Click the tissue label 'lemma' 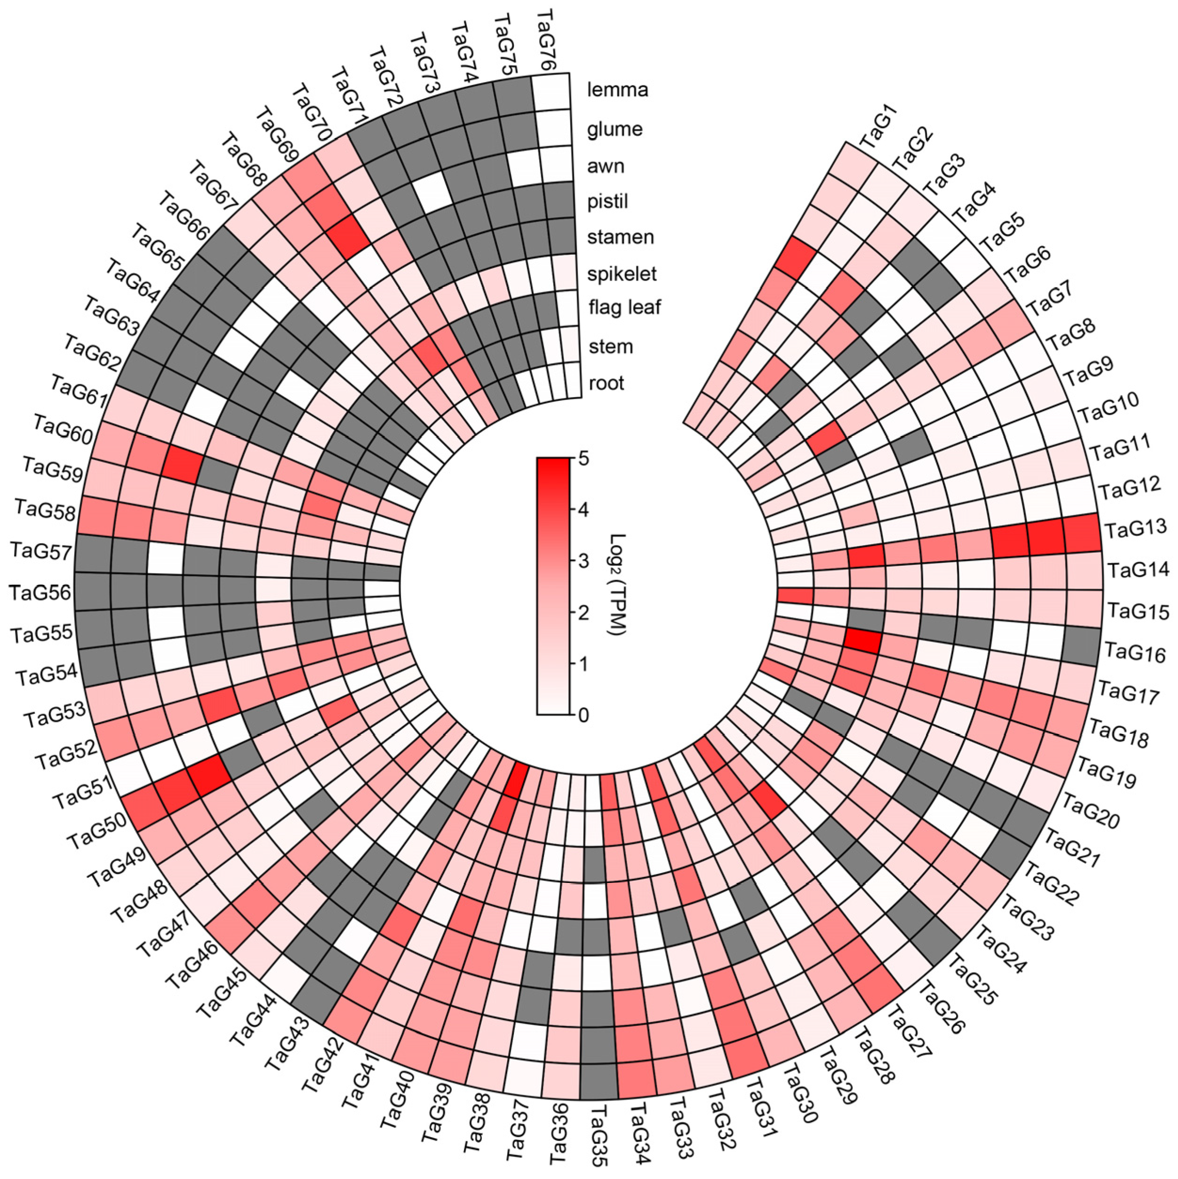[x=617, y=90]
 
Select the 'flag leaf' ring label [x=624, y=307]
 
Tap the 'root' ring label [x=606, y=383]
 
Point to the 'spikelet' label [x=621, y=273]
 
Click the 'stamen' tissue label [x=620, y=237]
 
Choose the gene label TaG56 [x=41, y=592]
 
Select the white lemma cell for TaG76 [x=550, y=92]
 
